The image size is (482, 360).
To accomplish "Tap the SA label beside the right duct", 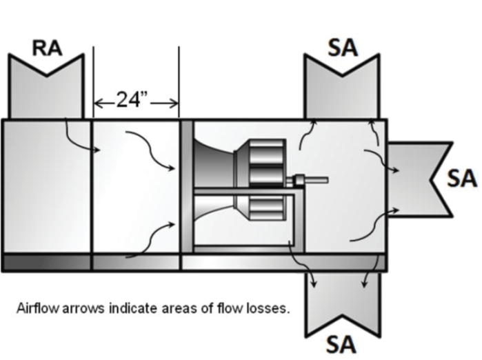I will click(x=461, y=178).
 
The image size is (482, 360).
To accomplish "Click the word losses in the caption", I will click(x=270, y=308).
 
